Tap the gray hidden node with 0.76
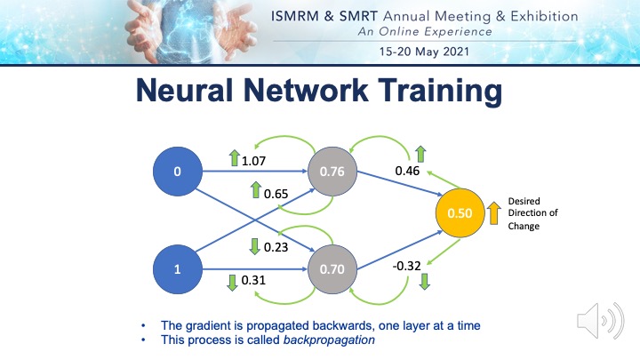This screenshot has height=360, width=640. tap(332, 170)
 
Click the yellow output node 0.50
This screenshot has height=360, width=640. tap(460, 214)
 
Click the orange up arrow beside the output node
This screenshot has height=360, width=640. tap(493, 213)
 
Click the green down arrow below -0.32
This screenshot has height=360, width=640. tap(424, 282)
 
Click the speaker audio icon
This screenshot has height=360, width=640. tap(594, 320)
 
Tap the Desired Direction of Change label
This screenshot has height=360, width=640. tap(533, 213)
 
